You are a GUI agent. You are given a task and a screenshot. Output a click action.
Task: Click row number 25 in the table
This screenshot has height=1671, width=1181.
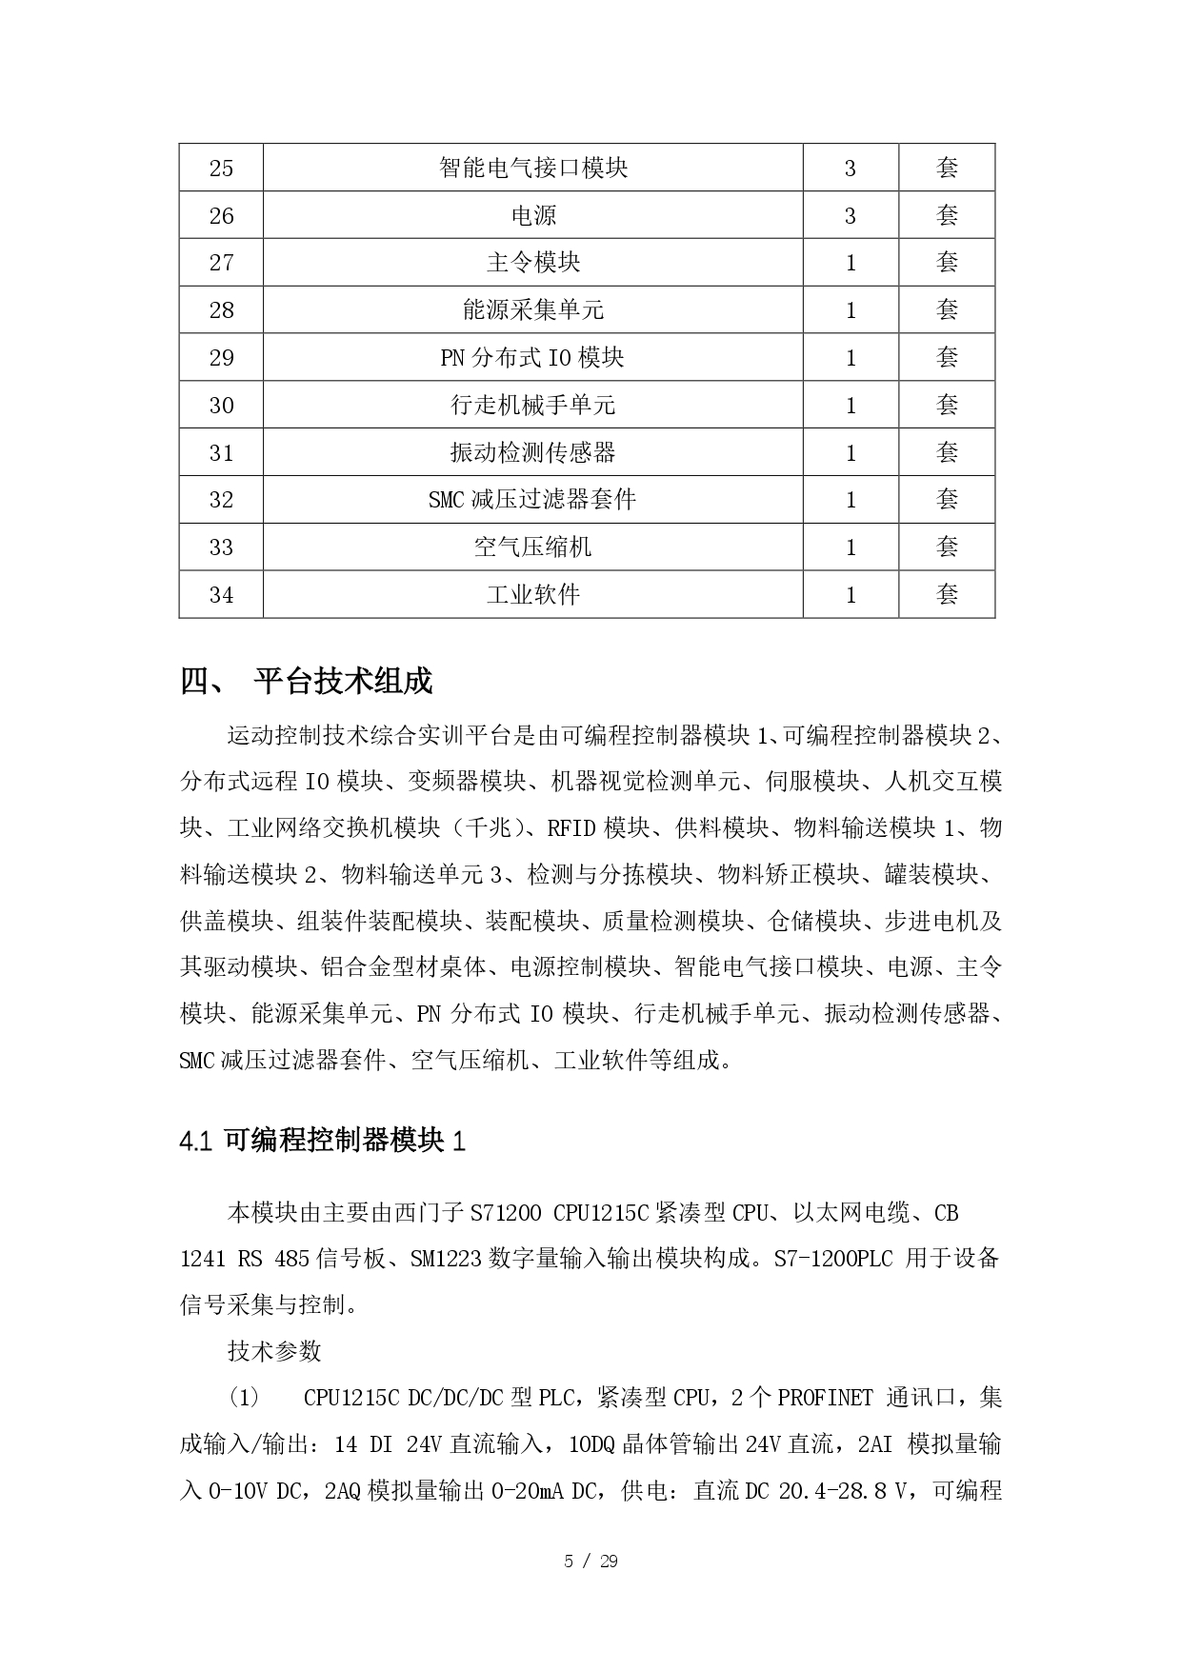pyautogui.click(x=221, y=169)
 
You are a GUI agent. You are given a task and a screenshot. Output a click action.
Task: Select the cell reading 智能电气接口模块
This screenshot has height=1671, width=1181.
pyautogui.click(x=533, y=169)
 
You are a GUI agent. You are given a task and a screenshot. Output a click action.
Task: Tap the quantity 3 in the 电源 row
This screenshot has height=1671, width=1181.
pyautogui.click(x=851, y=216)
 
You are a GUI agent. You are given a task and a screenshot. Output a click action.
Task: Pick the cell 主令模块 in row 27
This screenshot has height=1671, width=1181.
pyautogui.click(x=533, y=263)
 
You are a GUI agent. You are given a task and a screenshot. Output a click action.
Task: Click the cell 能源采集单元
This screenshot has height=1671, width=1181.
pyautogui.click(x=533, y=310)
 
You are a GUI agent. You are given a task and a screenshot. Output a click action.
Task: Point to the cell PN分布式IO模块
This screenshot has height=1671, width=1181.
pyautogui.click(x=532, y=358)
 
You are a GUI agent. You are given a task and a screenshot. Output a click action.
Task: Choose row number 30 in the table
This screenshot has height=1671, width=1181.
pyautogui.click(x=221, y=406)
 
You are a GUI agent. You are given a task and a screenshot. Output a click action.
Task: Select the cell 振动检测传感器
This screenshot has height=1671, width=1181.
pyautogui.click(x=533, y=452)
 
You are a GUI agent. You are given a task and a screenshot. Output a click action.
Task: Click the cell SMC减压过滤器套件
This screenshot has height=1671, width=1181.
pyautogui.click(x=532, y=500)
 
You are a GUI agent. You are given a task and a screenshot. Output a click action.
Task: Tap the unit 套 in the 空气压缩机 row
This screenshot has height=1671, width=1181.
pyautogui.click(x=947, y=547)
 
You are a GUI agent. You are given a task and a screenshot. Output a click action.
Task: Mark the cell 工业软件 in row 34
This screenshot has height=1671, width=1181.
pyautogui.click(x=533, y=595)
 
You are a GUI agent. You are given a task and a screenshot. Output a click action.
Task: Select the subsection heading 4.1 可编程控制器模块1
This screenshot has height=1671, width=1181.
pyautogui.click(x=322, y=1141)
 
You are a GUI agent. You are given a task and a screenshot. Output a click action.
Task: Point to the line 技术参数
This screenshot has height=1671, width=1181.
pyautogui.click(x=274, y=1351)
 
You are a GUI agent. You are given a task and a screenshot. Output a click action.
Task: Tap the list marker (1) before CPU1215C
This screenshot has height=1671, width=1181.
pyautogui.click(x=243, y=1399)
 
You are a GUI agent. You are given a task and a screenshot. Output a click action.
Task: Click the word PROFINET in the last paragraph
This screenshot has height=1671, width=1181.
pyautogui.click(x=825, y=1399)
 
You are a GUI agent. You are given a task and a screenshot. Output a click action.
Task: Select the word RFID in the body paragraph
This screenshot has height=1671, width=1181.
pyautogui.click(x=571, y=828)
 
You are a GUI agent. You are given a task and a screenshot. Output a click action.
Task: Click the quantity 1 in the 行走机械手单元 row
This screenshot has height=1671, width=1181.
pyautogui.click(x=851, y=406)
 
